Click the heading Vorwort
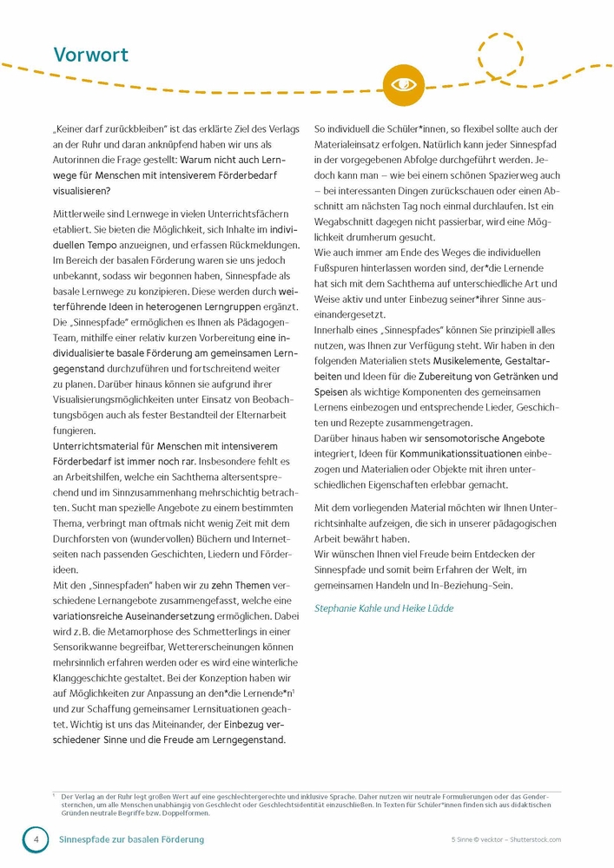click(x=91, y=55)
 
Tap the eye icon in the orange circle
click(x=403, y=83)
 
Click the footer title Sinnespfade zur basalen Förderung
click(x=131, y=839)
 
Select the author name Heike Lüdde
click(x=425, y=608)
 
